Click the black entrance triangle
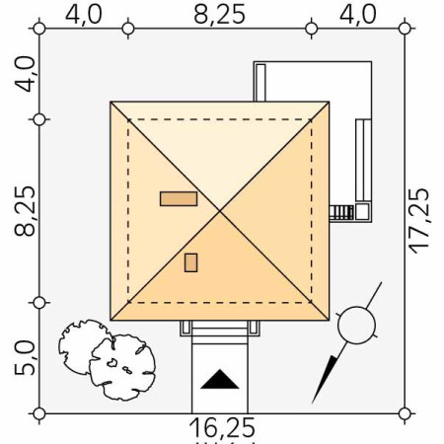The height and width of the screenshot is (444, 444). pos(219,379)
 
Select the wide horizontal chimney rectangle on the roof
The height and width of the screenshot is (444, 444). pos(179,198)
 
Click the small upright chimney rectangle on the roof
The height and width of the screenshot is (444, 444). pos(191,261)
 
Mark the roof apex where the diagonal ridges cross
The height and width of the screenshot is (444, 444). pos(219,210)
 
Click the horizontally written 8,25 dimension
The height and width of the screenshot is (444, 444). pos(220,14)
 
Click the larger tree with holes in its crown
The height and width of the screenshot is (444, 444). pos(120,366)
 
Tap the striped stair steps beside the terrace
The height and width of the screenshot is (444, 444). pos(341,211)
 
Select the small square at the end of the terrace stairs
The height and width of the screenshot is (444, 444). pos(362,210)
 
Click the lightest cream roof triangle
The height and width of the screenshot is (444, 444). pos(219,148)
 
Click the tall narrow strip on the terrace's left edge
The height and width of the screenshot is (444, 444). pos(260,82)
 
